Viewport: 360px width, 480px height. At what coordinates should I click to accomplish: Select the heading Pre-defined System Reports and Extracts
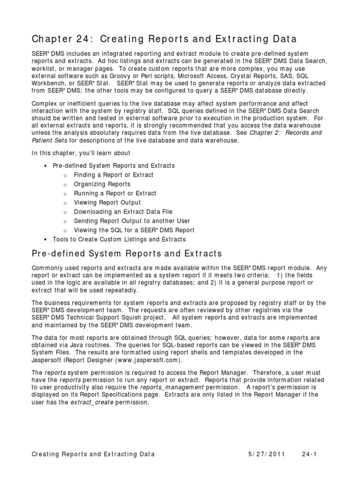coord(127,254)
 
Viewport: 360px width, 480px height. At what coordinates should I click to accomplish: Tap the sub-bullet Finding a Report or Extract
coord(113,175)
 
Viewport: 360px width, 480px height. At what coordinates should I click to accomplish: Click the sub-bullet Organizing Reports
coord(102,184)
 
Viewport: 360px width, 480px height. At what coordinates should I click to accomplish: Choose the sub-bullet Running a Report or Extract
coord(115,193)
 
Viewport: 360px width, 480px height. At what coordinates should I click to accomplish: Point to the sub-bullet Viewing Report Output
coord(107,202)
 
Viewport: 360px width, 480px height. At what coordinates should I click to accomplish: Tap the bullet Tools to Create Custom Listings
coord(119,240)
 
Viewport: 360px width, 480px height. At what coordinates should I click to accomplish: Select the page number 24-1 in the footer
coord(310,454)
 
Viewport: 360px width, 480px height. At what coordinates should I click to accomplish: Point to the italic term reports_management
coord(172,387)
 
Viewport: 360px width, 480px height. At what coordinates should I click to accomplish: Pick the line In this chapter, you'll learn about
coord(81,153)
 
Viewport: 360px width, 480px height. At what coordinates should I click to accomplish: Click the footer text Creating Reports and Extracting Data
coord(93,454)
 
